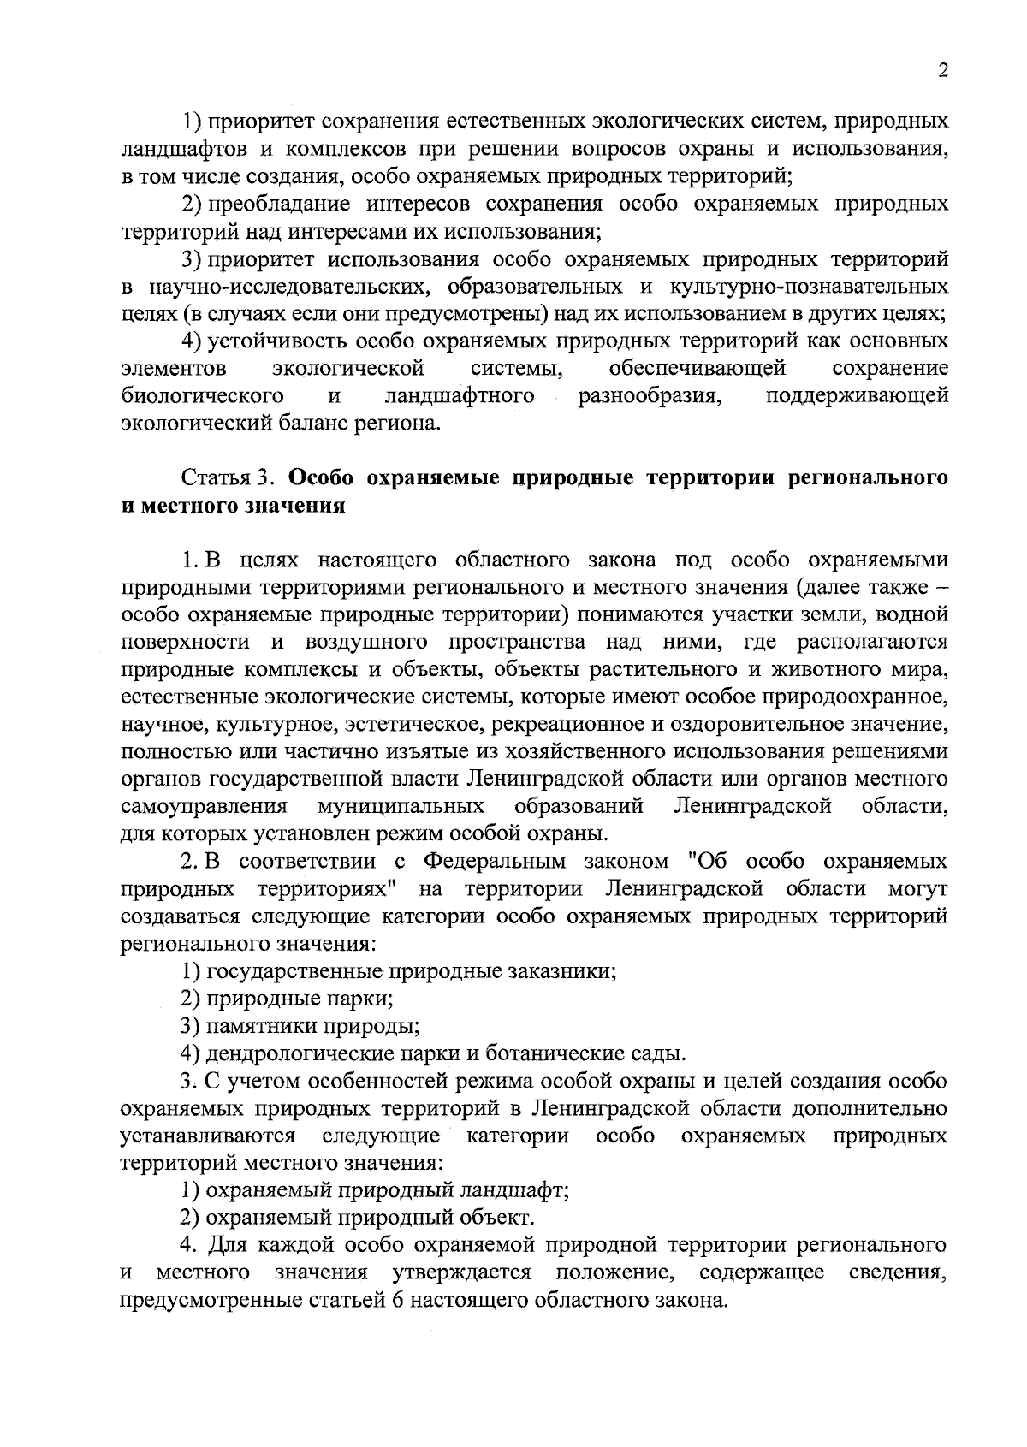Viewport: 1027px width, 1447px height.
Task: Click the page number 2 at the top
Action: tap(942, 71)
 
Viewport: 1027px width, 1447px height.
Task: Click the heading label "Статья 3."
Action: tap(230, 477)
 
